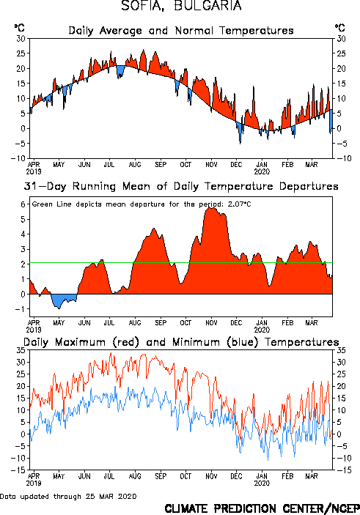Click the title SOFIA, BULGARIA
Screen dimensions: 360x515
tap(181, 6)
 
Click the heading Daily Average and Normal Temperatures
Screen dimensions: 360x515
tap(181, 31)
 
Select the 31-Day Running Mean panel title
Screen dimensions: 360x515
tap(181, 186)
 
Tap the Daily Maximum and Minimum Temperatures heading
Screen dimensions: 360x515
tap(181, 342)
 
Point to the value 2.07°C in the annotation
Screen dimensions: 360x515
tap(239, 204)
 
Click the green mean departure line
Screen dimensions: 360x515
tap(181, 263)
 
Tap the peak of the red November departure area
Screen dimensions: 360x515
tap(212, 207)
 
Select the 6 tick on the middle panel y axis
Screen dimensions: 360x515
tap(23, 204)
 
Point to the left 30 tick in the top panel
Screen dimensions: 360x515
tap(21, 38)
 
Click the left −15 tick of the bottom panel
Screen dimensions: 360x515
tap(18, 470)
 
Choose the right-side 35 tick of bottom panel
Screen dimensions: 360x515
tap(341, 350)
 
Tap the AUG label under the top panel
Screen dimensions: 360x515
tap(135, 164)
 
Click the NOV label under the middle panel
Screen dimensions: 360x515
tap(211, 322)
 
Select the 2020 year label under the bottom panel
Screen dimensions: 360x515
tap(262, 483)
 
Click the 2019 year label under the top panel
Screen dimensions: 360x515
tap(34, 171)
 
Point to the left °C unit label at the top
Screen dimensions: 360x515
tap(19, 27)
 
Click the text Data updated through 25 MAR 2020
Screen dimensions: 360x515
tap(68, 496)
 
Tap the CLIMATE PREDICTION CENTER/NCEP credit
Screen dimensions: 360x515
tap(262, 508)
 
